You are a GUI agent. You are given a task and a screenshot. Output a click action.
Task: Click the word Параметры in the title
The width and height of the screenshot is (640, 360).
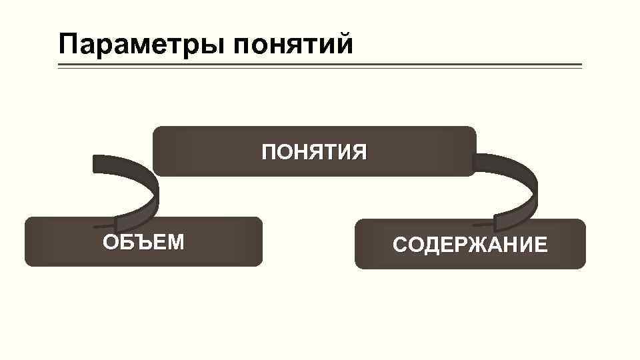(x=141, y=45)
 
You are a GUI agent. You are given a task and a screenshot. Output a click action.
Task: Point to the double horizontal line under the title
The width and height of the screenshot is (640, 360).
(x=320, y=66)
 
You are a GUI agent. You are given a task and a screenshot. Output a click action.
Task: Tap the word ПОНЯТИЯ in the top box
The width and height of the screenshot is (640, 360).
(x=314, y=153)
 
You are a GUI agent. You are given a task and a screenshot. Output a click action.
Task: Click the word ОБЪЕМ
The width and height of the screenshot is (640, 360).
(x=143, y=241)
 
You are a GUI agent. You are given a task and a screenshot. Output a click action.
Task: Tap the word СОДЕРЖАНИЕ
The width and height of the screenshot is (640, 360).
(x=470, y=245)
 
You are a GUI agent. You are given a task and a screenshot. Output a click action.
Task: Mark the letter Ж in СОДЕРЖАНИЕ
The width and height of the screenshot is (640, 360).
(x=471, y=245)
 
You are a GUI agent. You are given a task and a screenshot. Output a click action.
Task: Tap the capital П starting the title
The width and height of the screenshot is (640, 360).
(x=68, y=44)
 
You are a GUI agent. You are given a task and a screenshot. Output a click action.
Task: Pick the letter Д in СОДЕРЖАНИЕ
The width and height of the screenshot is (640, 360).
(x=429, y=245)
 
